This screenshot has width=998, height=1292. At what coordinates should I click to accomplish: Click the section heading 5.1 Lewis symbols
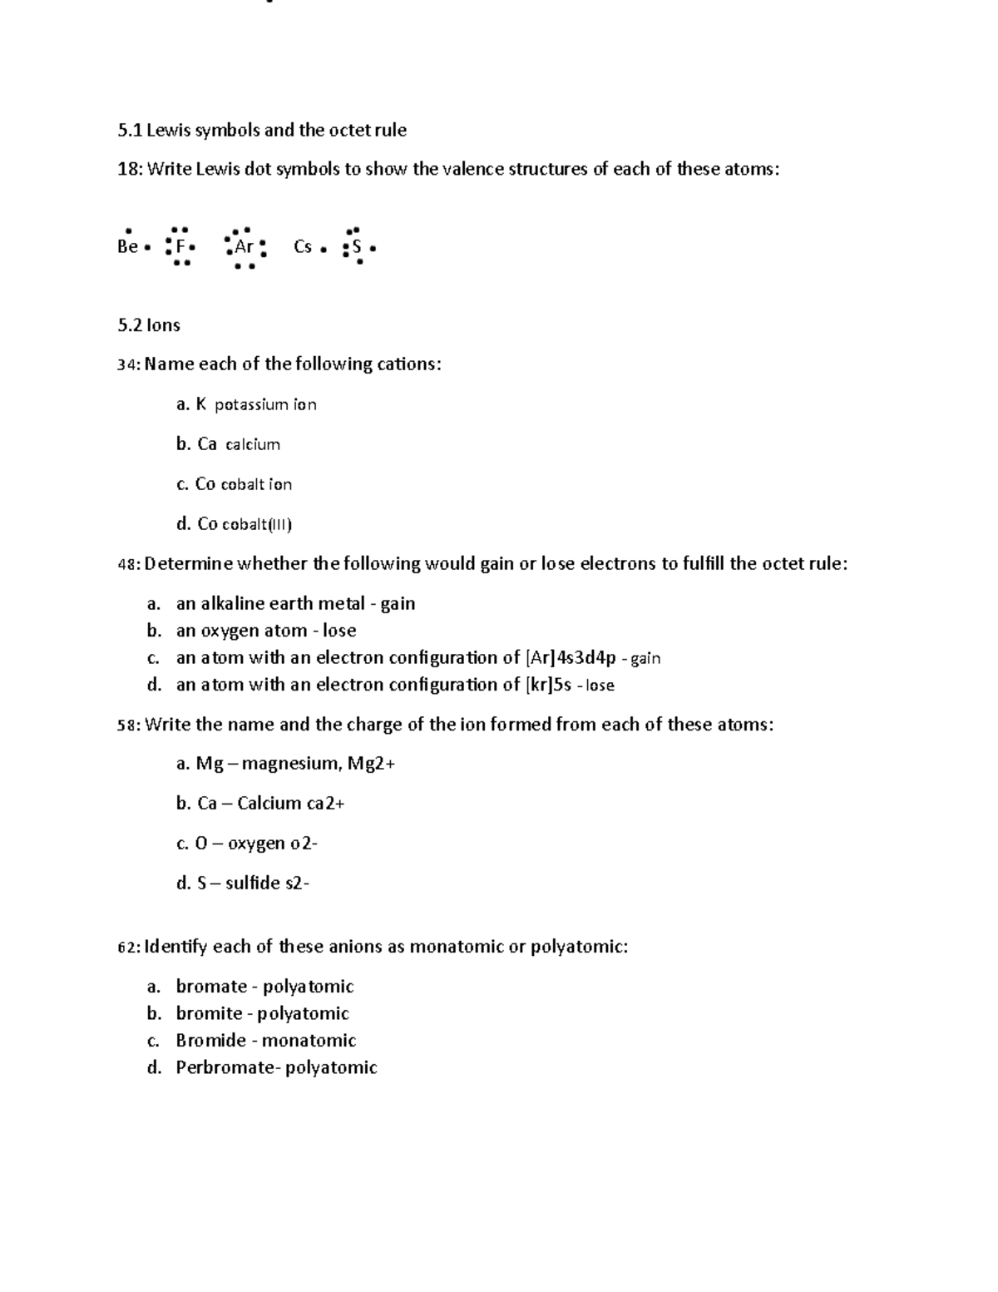[x=261, y=130]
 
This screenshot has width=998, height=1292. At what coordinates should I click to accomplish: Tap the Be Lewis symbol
[x=128, y=246]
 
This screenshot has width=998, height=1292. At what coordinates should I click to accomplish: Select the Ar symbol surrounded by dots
[x=245, y=246]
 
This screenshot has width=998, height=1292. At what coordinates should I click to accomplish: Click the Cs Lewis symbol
[x=304, y=246]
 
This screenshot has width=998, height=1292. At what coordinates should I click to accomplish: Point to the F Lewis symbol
[x=180, y=246]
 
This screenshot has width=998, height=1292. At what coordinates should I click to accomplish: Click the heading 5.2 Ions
[x=149, y=325]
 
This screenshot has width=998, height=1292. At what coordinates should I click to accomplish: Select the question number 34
[x=128, y=364]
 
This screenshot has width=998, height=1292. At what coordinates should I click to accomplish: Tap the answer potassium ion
[x=265, y=405]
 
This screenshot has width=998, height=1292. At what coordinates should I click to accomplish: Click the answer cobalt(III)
[x=256, y=524]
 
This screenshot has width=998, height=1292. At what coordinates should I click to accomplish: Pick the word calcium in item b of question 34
[x=253, y=445]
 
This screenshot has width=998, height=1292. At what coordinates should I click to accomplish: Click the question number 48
[x=128, y=564]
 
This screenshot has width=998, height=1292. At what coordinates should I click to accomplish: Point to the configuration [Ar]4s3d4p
[x=571, y=658]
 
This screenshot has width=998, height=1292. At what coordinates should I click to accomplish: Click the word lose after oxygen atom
[x=339, y=631]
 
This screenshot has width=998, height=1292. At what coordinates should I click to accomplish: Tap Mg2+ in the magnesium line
[x=370, y=764]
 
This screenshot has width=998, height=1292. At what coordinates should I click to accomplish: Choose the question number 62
[x=128, y=947]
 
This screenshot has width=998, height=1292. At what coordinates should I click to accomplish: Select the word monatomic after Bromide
[x=309, y=1041]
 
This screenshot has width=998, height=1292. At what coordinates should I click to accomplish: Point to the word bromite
[x=209, y=1013]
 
